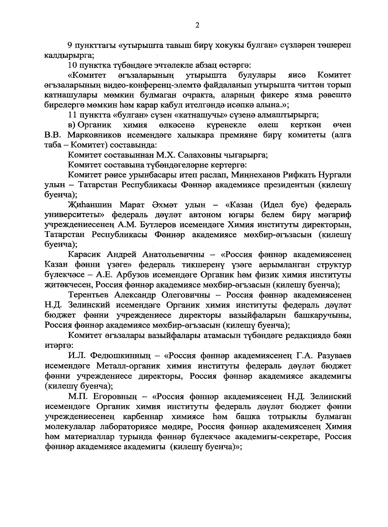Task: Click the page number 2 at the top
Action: [197, 26]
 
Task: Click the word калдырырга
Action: [69, 55]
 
